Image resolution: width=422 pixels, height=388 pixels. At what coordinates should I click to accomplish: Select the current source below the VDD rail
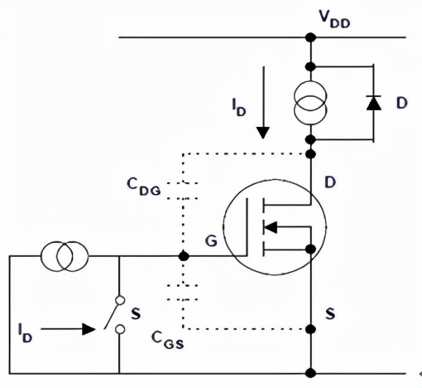click(309, 103)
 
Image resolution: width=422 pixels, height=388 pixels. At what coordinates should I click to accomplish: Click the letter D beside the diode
click(401, 103)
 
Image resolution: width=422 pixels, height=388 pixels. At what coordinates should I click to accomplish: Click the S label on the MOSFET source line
click(330, 315)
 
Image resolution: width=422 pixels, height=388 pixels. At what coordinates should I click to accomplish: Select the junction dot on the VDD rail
click(310, 37)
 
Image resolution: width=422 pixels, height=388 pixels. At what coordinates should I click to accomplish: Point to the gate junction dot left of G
click(183, 257)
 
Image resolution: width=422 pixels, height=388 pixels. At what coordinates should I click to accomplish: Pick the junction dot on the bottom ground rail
click(310, 372)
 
